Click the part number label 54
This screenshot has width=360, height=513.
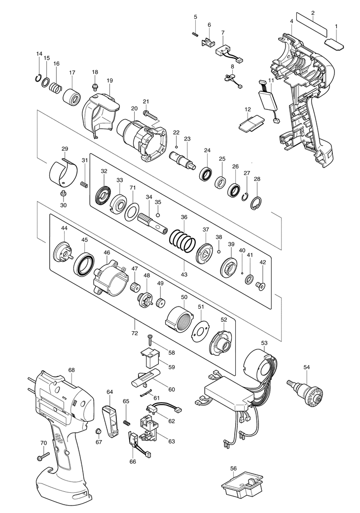tap(306, 367)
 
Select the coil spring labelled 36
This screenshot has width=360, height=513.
tap(182, 240)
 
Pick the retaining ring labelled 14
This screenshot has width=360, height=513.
tap(38, 78)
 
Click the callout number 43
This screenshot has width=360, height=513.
tap(184, 274)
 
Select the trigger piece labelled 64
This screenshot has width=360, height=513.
tap(110, 420)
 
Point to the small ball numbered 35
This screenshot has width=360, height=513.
tap(158, 215)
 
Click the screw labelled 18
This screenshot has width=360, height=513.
tap(95, 86)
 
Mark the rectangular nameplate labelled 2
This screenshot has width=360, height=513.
tap(312, 25)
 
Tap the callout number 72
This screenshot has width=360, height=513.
tap(135, 333)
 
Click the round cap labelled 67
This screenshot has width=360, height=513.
tap(98, 431)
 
